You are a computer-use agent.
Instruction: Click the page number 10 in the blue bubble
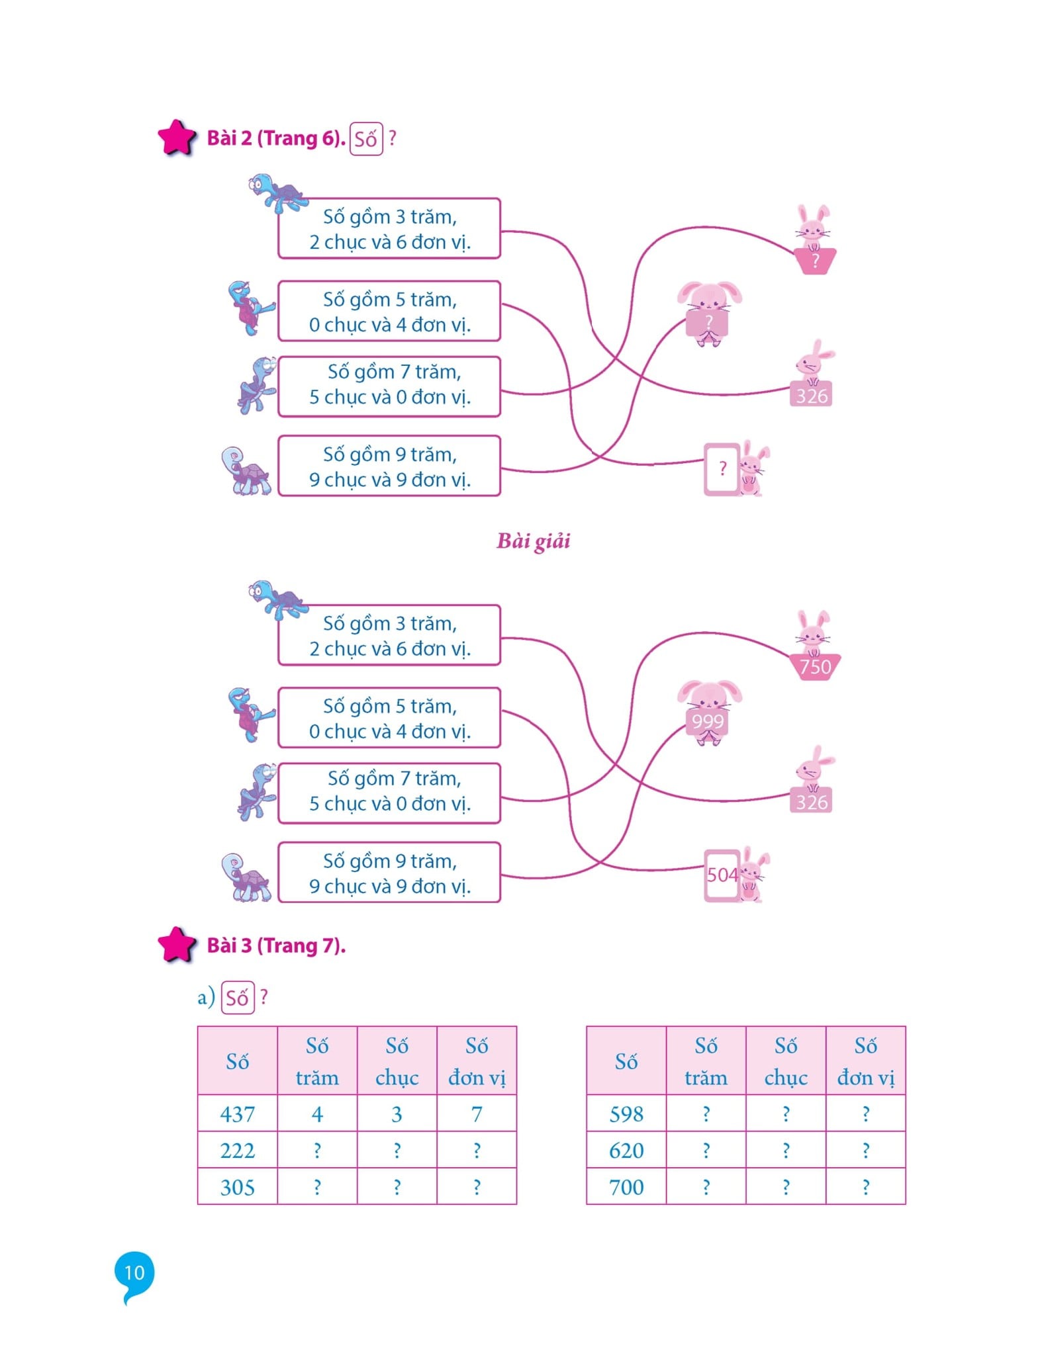134,1272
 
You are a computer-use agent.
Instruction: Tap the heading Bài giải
533,541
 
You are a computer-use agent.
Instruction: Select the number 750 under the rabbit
815,667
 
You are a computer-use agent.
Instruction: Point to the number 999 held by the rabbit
708,721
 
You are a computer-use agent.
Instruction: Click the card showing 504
722,875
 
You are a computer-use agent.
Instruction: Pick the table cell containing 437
237,1114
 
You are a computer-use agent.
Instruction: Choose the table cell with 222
237,1151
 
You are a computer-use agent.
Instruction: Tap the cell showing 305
237,1187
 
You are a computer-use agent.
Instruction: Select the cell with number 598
626,1114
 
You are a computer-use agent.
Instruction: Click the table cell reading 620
626,1151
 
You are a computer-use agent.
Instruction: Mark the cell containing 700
626,1187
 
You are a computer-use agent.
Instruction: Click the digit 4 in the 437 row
317,1114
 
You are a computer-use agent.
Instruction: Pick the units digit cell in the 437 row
477,1114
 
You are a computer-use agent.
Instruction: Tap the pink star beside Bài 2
177,138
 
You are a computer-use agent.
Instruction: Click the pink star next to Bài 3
177,944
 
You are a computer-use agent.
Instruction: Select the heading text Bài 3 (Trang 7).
276,945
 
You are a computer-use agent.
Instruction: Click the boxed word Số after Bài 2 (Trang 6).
365,139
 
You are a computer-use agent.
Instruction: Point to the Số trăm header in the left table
317,1061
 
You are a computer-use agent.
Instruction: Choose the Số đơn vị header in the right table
865,1061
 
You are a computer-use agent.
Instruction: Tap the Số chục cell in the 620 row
786,1151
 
